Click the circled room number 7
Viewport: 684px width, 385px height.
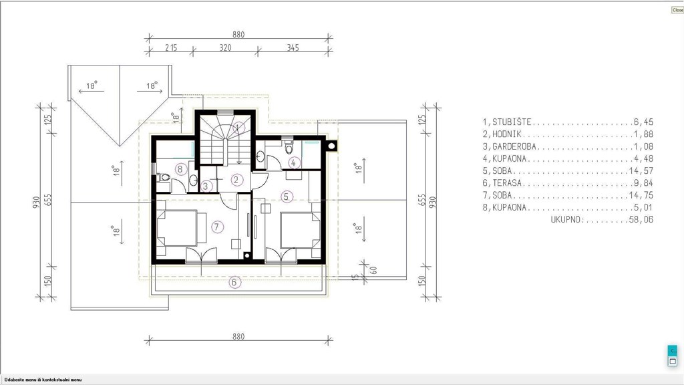[x=217, y=227]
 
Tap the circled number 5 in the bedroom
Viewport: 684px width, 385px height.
[x=286, y=197]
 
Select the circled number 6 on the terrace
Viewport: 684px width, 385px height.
[x=234, y=283]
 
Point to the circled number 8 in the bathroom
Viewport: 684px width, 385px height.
[x=180, y=169]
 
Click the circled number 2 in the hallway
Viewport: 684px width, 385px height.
[x=237, y=179]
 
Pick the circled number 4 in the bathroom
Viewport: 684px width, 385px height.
[x=294, y=163]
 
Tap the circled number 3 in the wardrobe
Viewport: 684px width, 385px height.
[x=206, y=186]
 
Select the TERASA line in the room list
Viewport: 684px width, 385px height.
[x=568, y=183]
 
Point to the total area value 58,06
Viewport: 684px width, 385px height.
[x=641, y=219]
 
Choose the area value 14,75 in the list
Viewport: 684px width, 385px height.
[x=641, y=195]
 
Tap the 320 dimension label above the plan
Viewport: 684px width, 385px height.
[x=225, y=47]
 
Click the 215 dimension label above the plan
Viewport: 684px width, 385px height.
[x=171, y=47]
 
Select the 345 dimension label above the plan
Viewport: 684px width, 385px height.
[x=293, y=47]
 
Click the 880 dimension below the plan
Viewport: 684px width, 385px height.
[x=238, y=337]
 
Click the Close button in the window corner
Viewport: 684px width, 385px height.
[x=677, y=9]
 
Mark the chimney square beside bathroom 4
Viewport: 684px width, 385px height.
[x=331, y=146]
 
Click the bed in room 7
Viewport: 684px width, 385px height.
[x=181, y=228]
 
